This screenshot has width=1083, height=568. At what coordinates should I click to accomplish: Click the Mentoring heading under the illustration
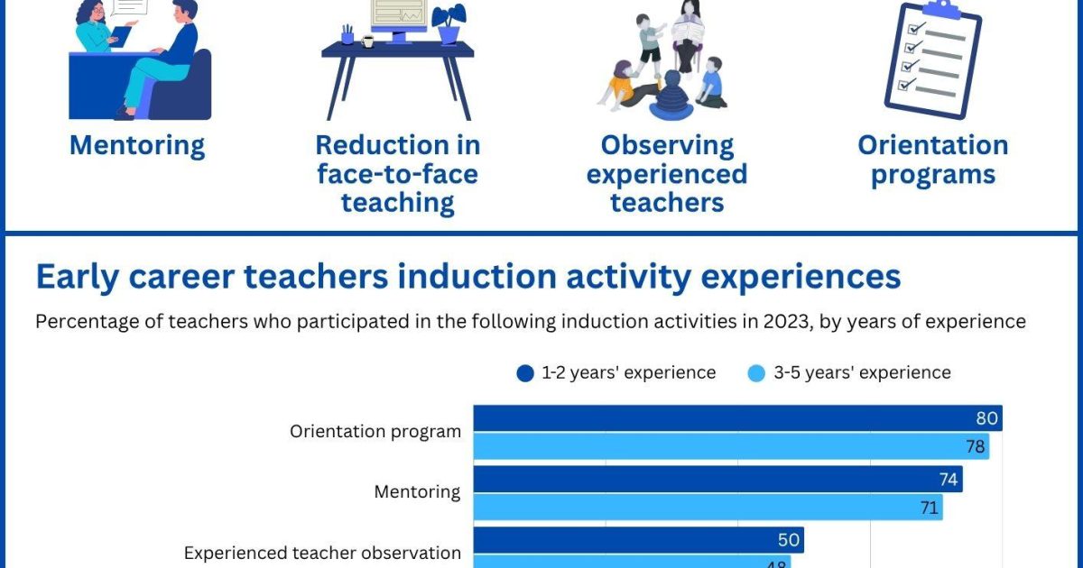point(137,145)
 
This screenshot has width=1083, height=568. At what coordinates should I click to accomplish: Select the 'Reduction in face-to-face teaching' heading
point(397,173)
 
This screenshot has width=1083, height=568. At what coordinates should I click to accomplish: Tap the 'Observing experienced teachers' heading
point(667,173)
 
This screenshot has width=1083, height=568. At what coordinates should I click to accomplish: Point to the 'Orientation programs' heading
point(932,159)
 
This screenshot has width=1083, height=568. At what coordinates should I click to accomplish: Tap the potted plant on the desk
point(449,23)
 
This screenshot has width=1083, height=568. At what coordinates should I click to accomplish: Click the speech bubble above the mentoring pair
point(128,6)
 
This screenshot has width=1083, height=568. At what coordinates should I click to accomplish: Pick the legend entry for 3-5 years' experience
point(850,372)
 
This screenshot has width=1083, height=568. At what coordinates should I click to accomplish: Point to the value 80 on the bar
point(986,418)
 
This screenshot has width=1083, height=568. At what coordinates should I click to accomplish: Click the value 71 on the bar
point(929,508)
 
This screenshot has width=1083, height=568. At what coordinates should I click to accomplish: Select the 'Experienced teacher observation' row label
point(322,553)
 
